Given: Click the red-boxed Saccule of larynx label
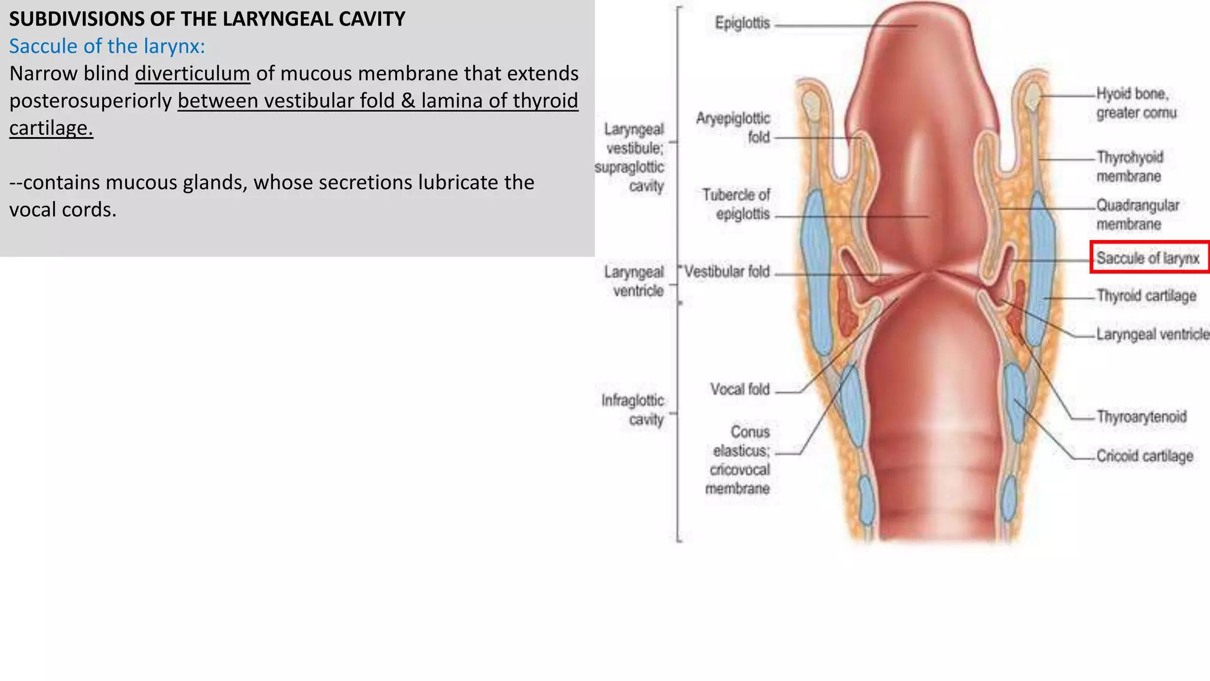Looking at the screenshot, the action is coord(1148,258).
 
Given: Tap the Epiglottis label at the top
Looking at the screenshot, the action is coord(743,23).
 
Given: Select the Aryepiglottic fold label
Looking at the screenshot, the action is coord(734,128).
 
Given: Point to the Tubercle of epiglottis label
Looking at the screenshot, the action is coord(737,204).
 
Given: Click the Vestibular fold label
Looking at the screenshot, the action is coord(727,271).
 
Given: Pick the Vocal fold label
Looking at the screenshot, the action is coord(740,390).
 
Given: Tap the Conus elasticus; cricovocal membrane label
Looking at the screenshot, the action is coord(739,460).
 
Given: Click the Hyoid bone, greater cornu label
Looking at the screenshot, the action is coord(1136,103).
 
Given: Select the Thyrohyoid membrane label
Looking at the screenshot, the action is coord(1130,167).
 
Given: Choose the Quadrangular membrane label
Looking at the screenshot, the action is coord(1137,215).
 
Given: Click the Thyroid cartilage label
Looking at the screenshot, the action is coord(1146,296).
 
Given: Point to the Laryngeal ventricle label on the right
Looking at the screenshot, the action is coord(1152,334).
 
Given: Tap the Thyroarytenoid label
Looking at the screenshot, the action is coord(1141,417).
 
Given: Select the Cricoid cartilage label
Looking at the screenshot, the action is coord(1144,456).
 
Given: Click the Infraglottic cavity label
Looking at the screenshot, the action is coord(633,410).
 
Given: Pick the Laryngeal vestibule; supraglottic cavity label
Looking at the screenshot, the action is coord(630,157).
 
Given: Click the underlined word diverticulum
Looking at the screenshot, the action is coord(193,74).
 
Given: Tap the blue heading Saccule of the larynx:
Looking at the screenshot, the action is coord(107,46).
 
